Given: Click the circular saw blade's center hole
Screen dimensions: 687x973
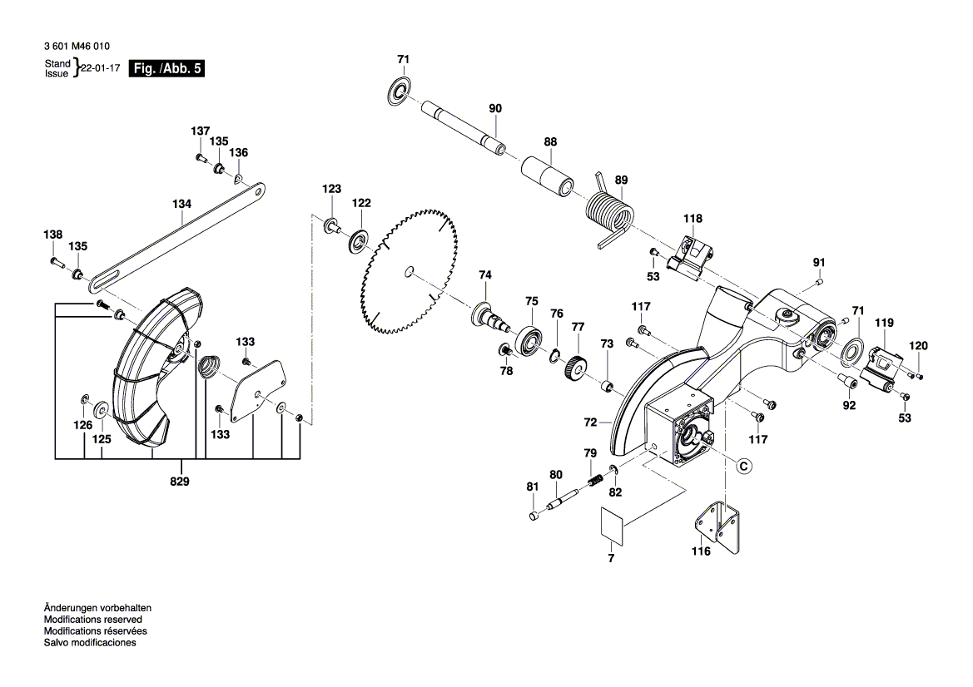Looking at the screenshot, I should [x=408, y=270].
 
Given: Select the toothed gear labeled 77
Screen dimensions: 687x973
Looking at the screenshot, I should [x=573, y=367].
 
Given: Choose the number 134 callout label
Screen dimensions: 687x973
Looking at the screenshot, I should [x=181, y=204].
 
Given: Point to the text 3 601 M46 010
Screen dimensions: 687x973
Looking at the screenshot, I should [x=77, y=47].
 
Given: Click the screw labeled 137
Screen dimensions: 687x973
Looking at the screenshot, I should [x=201, y=157].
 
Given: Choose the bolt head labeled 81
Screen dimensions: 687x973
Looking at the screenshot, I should [x=534, y=516].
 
